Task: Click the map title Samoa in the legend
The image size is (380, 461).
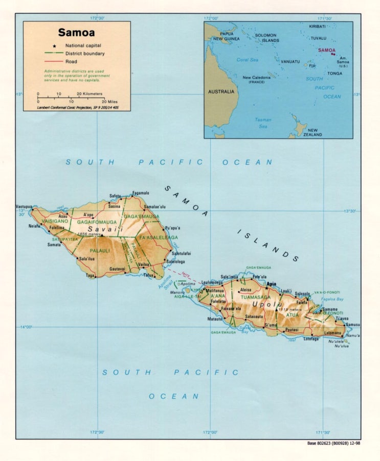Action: (x=76, y=33)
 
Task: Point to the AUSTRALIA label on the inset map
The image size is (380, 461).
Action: (x=221, y=92)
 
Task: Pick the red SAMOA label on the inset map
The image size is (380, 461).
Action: (x=326, y=51)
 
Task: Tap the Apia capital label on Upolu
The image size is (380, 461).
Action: (x=271, y=284)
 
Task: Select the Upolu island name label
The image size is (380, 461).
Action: (x=263, y=305)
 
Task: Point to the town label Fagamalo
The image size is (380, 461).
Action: (x=141, y=193)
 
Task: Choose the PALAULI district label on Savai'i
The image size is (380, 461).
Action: (x=100, y=251)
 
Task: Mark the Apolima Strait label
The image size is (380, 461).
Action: (x=165, y=284)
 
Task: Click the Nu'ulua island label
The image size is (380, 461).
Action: (x=341, y=346)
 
